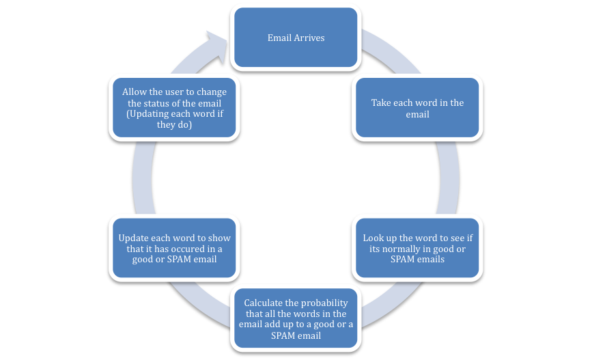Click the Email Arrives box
click(x=296, y=38)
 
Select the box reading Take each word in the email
click(x=417, y=108)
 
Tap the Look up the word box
click(x=417, y=248)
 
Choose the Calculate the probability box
click(x=296, y=319)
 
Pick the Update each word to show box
click(x=174, y=248)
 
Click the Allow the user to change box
click(x=174, y=108)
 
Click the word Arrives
click(x=309, y=38)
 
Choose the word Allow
click(x=134, y=92)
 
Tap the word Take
click(x=382, y=102)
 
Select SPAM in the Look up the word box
click(x=405, y=260)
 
